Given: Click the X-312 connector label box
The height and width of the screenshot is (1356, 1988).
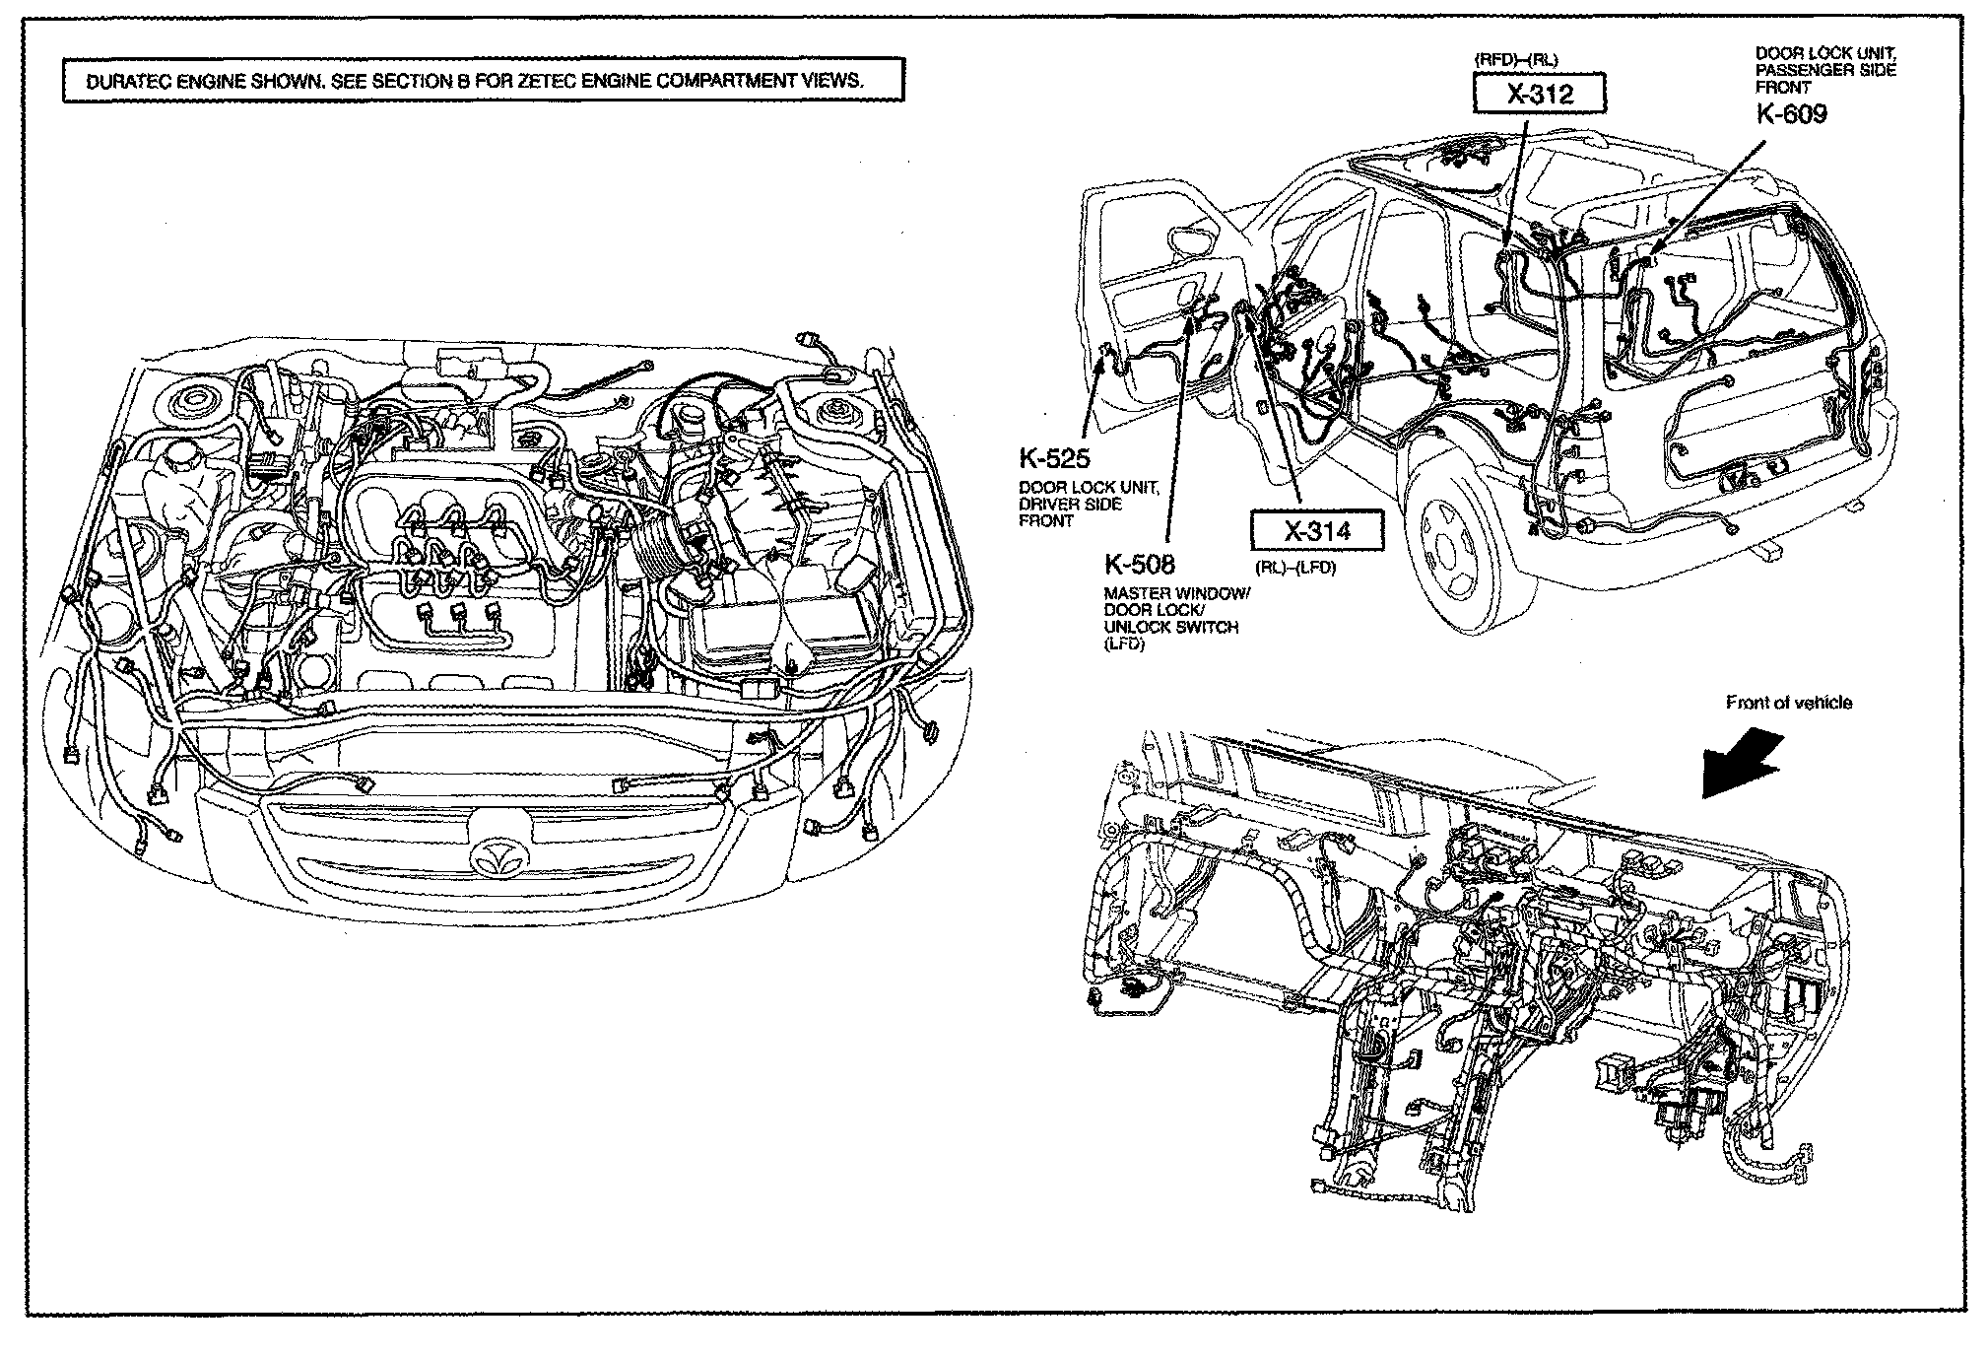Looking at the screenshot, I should pyautogui.click(x=1538, y=94).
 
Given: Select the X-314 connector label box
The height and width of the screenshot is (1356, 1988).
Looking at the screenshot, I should pyautogui.click(x=1317, y=532).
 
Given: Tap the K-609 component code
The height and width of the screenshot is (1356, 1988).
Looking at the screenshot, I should pyautogui.click(x=1792, y=115).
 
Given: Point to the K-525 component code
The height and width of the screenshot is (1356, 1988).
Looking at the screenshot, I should pyautogui.click(x=1054, y=458).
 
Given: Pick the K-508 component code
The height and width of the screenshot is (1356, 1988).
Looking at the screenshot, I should pyautogui.click(x=1139, y=565).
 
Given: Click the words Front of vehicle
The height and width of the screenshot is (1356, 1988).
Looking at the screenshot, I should pyautogui.click(x=1788, y=703).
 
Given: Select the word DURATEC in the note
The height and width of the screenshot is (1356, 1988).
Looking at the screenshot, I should pyautogui.click(x=129, y=82).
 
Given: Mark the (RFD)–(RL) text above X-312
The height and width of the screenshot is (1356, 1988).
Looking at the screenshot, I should pyautogui.click(x=1516, y=60).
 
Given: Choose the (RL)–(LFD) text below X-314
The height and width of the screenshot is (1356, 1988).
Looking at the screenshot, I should pyautogui.click(x=1294, y=568).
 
